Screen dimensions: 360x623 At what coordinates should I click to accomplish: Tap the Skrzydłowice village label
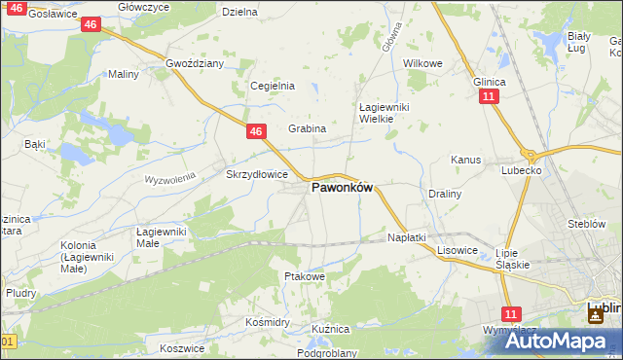click(x=256, y=174)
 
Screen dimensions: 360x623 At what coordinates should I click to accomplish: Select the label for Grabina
click(x=307, y=128)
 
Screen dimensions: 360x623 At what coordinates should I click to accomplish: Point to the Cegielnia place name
click(x=273, y=86)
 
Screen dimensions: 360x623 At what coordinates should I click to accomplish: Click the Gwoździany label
click(x=195, y=63)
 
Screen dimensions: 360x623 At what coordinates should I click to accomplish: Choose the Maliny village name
click(x=124, y=74)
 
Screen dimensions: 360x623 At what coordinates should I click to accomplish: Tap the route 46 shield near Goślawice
click(x=90, y=23)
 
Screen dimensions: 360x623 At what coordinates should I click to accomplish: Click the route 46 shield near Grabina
click(x=256, y=131)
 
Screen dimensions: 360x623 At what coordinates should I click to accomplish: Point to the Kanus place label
click(x=466, y=160)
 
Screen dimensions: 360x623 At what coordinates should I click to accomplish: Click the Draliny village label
click(x=445, y=194)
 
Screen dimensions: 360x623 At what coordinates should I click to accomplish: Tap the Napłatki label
click(x=407, y=237)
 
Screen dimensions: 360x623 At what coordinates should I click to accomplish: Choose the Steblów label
click(x=587, y=224)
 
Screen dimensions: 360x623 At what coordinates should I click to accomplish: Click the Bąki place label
click(x=35, y=144)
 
